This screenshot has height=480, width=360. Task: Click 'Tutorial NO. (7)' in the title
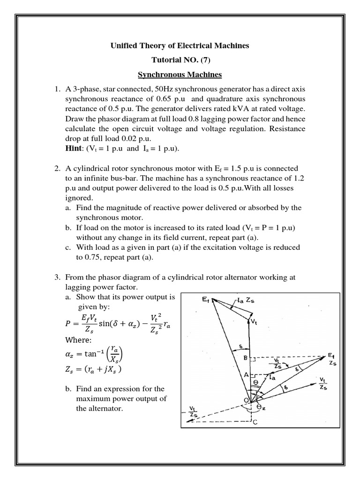(180, 60)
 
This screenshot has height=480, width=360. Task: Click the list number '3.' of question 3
(56, 277)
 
